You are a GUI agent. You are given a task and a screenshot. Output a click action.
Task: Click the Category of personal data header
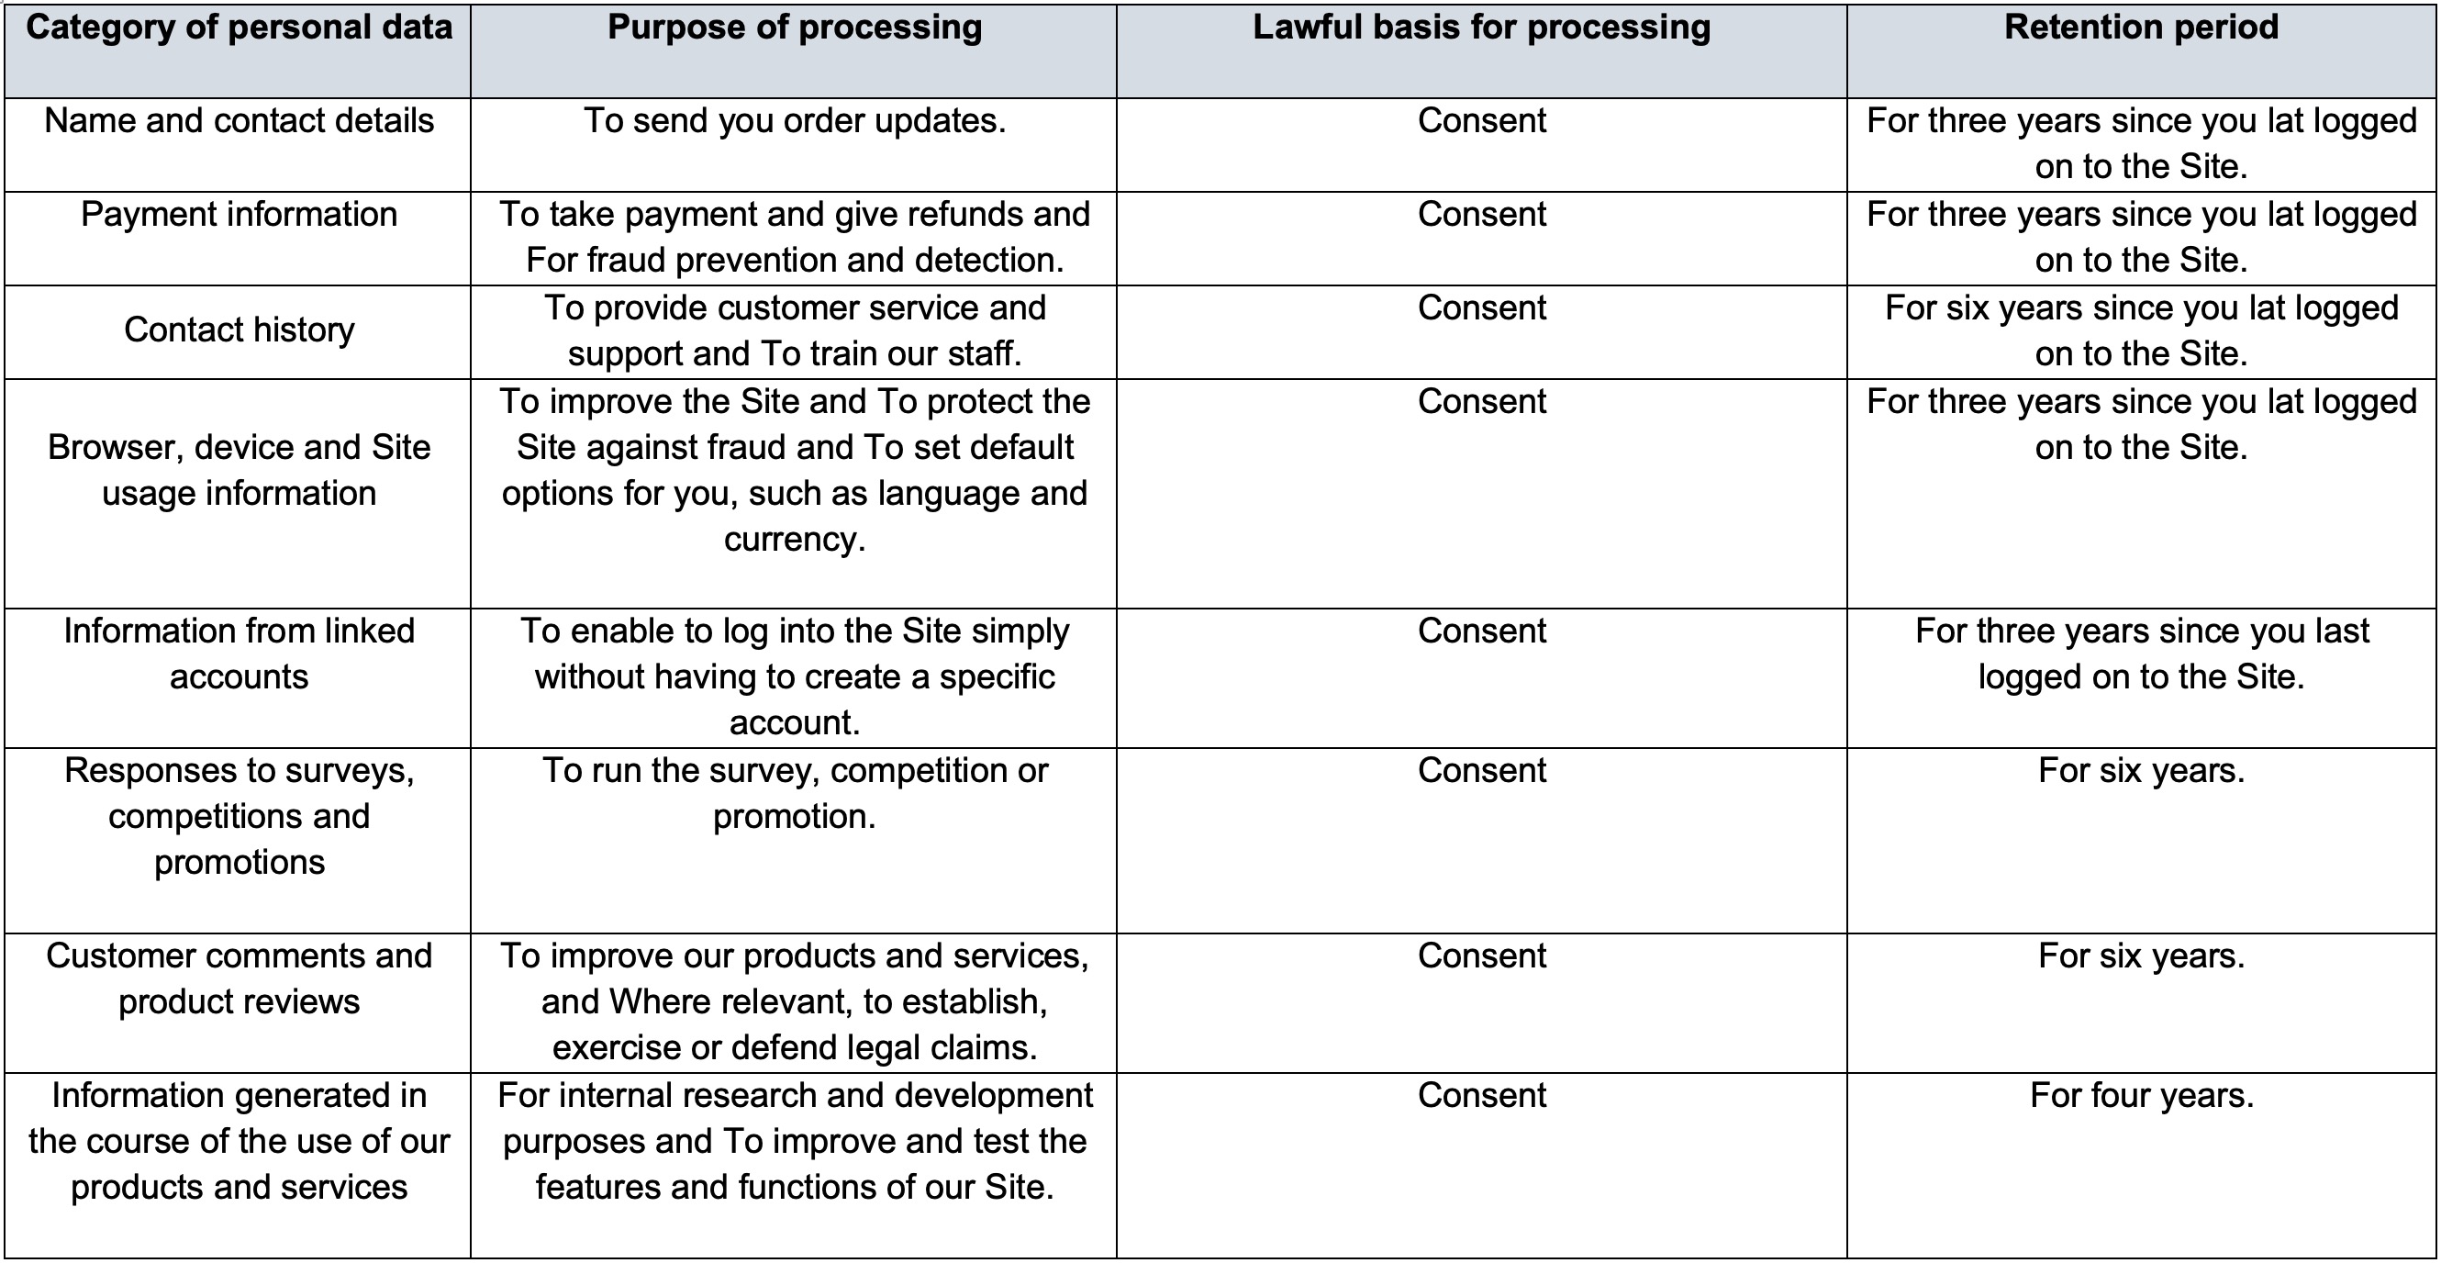click(239, 28)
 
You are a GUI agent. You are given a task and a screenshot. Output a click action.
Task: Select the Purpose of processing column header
click(794, 28)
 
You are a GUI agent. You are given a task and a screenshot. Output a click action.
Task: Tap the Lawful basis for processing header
click(1482, 28)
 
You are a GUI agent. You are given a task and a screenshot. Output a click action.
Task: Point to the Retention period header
click(2142, 28)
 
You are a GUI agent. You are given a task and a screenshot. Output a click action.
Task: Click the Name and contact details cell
click(239, 120)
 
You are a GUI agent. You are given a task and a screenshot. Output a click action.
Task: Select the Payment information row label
click(239, 214)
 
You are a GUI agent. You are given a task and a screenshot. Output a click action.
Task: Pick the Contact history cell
click(239, 330)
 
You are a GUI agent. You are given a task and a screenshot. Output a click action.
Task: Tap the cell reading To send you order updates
click(794, 120)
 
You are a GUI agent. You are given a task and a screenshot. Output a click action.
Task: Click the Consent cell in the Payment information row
click(1482, 214)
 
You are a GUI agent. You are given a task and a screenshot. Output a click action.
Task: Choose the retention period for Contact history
click(2142, 330)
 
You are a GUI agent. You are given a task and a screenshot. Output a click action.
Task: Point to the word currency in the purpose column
click(794, 539)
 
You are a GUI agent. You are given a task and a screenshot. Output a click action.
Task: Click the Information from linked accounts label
click(239, 654)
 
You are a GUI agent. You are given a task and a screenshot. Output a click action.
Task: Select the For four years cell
click(2142, 1095)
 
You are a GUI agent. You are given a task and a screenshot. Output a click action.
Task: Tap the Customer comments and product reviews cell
click(239, 978)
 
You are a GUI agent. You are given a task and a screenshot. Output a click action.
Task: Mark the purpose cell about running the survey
click(794, 793)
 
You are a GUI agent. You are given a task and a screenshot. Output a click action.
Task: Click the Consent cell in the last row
click(1482, 1095)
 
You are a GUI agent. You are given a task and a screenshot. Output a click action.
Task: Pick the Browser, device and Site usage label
click(239, 470)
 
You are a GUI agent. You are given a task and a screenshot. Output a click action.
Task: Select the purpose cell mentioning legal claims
click(794, 1001)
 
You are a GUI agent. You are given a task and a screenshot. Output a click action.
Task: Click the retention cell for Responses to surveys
click(2142, 770)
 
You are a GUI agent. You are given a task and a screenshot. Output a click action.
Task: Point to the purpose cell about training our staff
click(794, 330)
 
